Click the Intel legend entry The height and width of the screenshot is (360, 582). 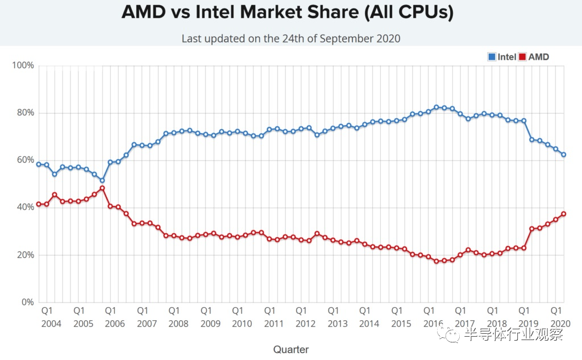[x=502, y=57]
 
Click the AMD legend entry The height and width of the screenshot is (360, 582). [x=534, y=57]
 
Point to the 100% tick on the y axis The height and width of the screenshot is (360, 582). [x=23, y=65]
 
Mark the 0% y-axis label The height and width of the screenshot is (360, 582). [x=27, y=302]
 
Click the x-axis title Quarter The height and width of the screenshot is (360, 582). [x=291, y=349]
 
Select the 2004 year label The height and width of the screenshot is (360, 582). [x=51, y=324]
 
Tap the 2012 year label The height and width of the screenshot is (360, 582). [x=305, y=324]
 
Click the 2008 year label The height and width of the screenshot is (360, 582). [x=178, y=324]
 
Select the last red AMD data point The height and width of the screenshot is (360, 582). [x=563, y=214]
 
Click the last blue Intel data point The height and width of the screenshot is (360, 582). [x=563, y=155]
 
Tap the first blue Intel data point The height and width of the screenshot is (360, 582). [x=39, y=164]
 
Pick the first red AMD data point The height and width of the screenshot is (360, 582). [x=39, y=204]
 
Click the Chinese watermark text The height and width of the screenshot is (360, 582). [x=513, y=334]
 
